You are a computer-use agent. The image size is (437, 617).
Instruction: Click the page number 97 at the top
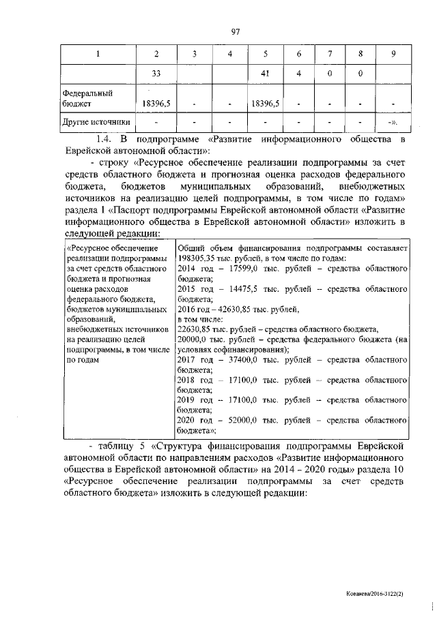click(x=237, y=31)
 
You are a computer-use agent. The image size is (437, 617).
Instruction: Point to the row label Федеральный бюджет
click(x=87, y=97)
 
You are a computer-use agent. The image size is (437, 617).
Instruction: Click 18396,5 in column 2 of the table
click(x=156, y=103)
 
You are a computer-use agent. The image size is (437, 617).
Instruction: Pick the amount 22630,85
click(x=197, y=329)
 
